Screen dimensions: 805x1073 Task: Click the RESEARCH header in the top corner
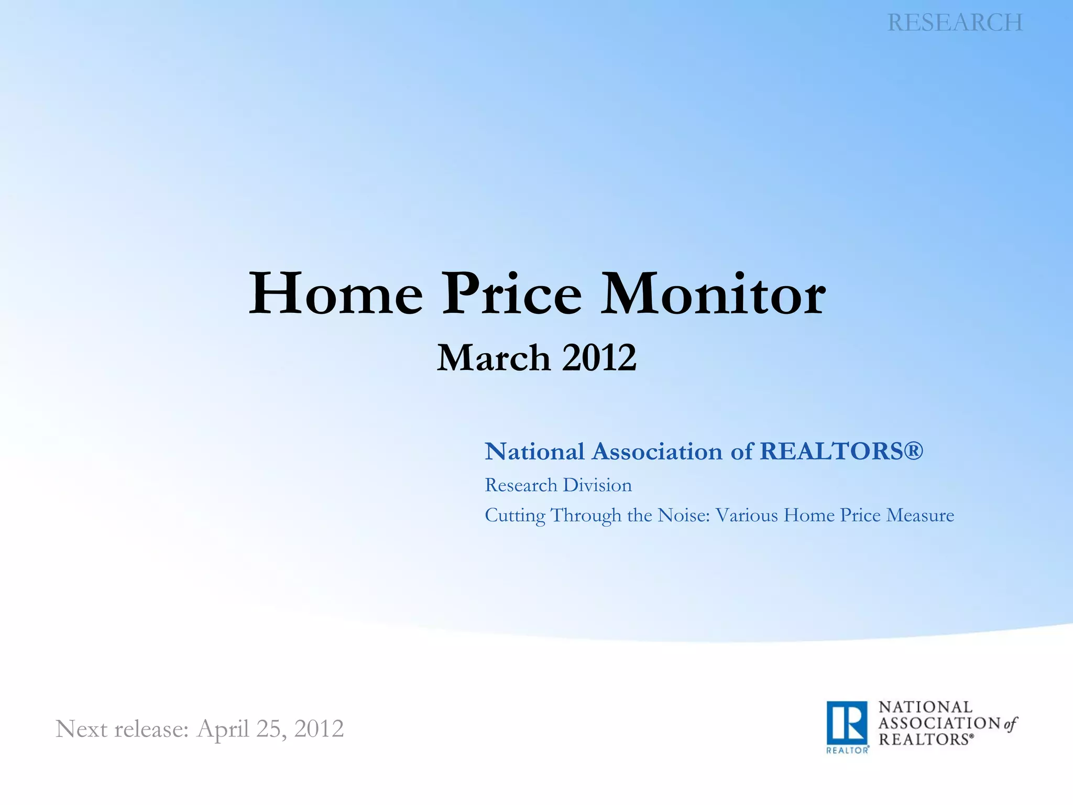coord(955,23)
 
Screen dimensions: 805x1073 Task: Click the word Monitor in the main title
coord(713,295)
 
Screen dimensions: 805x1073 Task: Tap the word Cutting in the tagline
coord(515,516)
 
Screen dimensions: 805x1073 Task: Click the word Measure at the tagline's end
coord(920,516)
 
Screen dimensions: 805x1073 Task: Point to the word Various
coord(747,516)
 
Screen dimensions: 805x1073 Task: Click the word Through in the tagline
coord(586,516)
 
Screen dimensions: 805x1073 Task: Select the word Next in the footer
coord(81,729)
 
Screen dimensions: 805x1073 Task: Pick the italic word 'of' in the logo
coord(1011,724)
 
